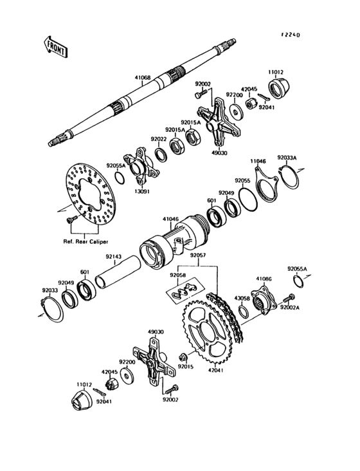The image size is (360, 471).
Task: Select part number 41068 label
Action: tap(143, 78)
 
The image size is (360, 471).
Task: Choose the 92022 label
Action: tap(159, 138)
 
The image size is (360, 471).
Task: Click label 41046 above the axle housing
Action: tap(170, 219)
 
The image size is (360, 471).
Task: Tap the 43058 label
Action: tap(242, 299)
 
